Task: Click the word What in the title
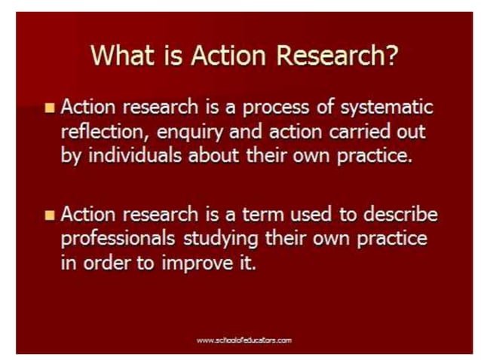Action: click(123, 56)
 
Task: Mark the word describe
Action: click(397, 215)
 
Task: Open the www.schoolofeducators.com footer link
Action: click(244, 340)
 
